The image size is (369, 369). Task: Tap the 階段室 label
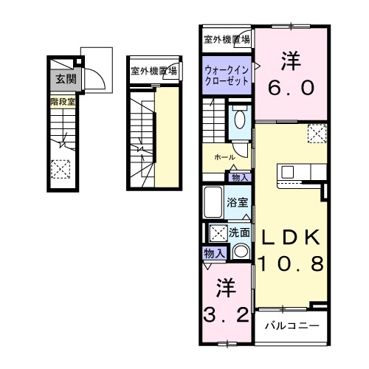click(62, 101)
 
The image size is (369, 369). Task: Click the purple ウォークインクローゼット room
click(227, 76)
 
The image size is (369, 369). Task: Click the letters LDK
click(289, 237)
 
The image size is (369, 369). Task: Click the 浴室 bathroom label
click(236, 202)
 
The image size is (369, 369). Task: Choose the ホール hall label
click(224, 157)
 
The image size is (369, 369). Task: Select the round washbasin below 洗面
click(241, 252)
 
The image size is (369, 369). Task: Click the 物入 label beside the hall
click(239, 177)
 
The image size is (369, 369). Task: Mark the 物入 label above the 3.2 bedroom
click(213, 253)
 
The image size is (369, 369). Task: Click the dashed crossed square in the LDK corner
click(317, 134)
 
